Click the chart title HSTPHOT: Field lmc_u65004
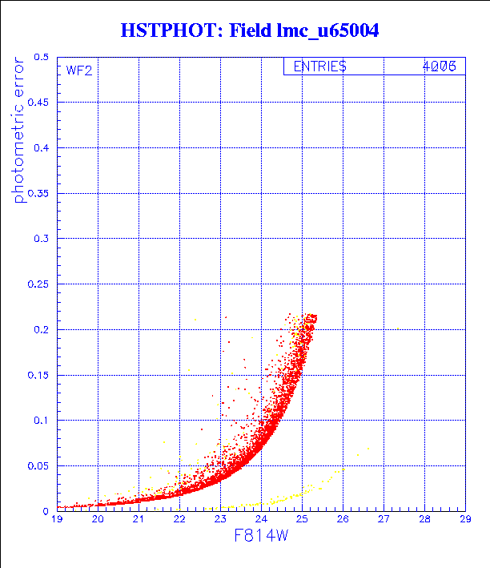point(249,30)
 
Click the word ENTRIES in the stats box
point(319,67)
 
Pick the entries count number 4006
point(439,67)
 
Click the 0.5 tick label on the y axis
point(41,58)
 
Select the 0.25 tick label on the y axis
point(38,284)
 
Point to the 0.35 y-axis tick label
point(38,194)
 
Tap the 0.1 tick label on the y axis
point(41,421)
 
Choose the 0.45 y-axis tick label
point(38,103)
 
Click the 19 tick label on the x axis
point(57,519)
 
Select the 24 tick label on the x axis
point(261,519)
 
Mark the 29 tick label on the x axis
point(464,519)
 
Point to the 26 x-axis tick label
point(343,519)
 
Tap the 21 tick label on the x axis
point(139,519)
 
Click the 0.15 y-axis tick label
point(38,375)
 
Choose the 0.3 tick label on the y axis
point(41,240)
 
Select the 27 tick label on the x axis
point(384,519)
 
